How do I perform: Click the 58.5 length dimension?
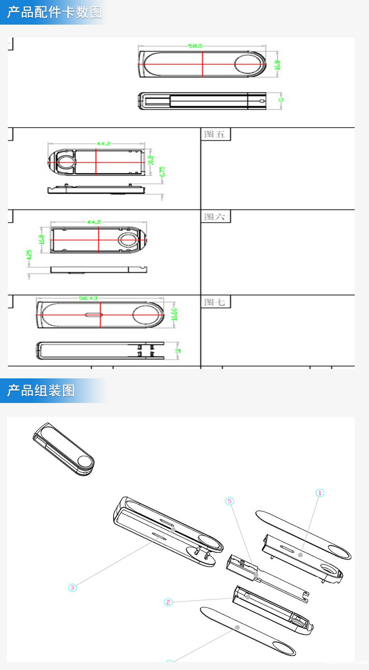tap(195, 46)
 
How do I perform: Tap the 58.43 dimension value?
tap(88, 298)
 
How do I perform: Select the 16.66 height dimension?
tap(174, 314)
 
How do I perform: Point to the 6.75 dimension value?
tap(163, 172)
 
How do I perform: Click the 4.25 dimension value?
tap(29, 255)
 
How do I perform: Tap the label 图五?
tap(215, 134)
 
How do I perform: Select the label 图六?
tap(215, 217)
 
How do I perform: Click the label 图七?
tap(215, 301)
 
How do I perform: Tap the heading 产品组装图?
tap(41, 391)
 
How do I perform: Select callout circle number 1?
tap(320, 493)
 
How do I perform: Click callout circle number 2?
tap(168, 602)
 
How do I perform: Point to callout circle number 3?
tap(72, 587)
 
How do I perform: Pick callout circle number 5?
tap(229, 501)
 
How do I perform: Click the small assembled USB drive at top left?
tap(63, 450)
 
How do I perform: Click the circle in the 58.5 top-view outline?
tap(249, 65)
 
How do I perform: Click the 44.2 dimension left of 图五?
tap(103, 143)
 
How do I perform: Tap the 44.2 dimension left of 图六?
tap(94, 222)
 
